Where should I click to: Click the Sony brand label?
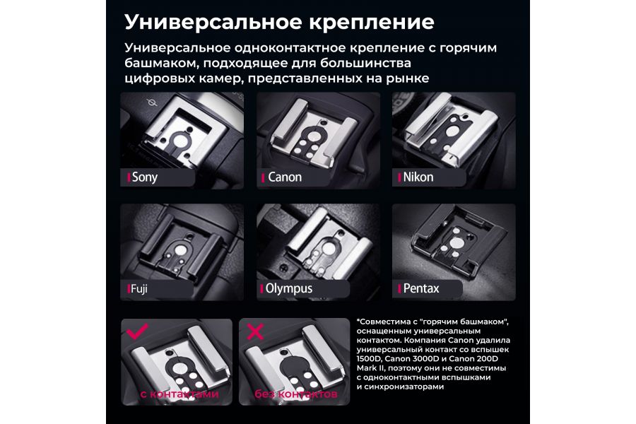click(x=144, y=177)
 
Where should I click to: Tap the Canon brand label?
click(x=285, y=177)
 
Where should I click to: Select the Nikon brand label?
click(x=418, y=177)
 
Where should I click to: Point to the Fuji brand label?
click(x=139, y=288)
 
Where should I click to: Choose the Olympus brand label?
click(x=288, y=288)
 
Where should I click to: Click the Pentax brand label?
click(x=421, y=288)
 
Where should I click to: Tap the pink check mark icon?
click(x=136, y=331)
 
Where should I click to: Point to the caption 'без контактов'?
click(x=292, y=394)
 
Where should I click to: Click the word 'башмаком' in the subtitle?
click(x=156, y=63)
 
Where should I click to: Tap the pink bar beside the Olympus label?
click(x=262, y=288)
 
